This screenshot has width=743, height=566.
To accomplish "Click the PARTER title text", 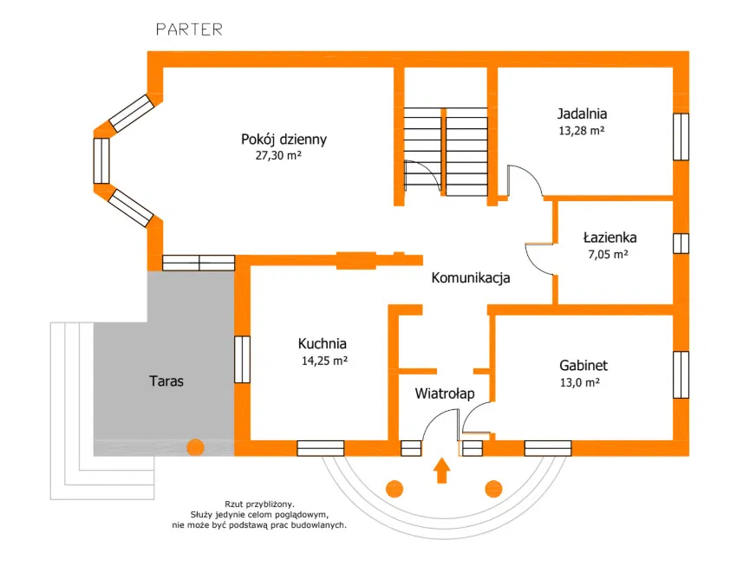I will coord(189,29).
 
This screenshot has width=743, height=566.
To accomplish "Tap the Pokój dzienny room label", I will coord(284,139).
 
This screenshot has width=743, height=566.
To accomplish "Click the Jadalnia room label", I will coord(581,113).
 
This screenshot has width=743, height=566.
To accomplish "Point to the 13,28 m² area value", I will coord(581,132).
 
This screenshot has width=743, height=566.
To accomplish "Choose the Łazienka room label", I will coord(610,236).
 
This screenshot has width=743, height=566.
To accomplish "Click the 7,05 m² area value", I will coord(608,255).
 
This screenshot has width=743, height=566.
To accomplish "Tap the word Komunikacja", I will coord(471,278).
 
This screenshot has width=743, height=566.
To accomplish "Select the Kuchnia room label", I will coord(322,342).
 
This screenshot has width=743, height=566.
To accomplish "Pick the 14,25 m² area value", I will coord(323,361).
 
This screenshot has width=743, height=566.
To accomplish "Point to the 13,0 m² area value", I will coord(580,381).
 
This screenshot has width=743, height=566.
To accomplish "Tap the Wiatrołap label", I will coord(444,394).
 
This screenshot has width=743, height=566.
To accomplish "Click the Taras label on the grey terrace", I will coord(166,381).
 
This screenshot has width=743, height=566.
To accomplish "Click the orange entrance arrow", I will coord(442,472).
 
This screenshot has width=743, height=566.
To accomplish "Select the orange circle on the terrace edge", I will coord(195,447).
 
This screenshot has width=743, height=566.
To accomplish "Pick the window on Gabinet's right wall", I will coord(681,374).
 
